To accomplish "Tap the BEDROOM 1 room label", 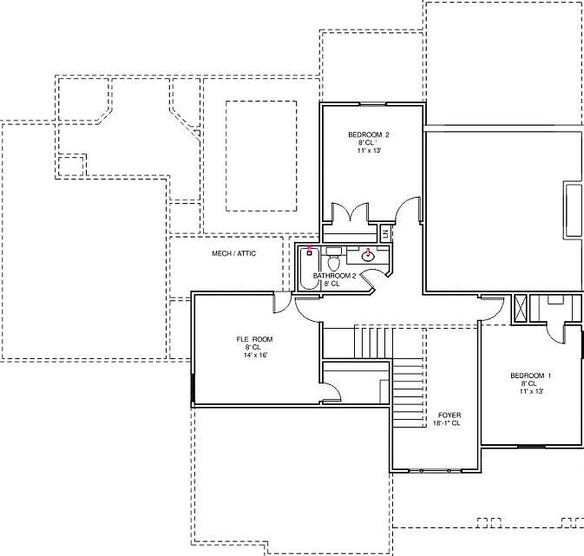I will [529, 375].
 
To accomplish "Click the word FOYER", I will [448, 415].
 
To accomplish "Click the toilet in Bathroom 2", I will [333, 262].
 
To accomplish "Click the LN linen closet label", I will [385, 233].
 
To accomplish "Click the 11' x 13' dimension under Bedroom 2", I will [369, 151].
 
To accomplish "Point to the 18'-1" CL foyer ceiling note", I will [448, 423].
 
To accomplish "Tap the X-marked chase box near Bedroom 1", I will [521, 309].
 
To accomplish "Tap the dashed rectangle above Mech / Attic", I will [265, 156].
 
